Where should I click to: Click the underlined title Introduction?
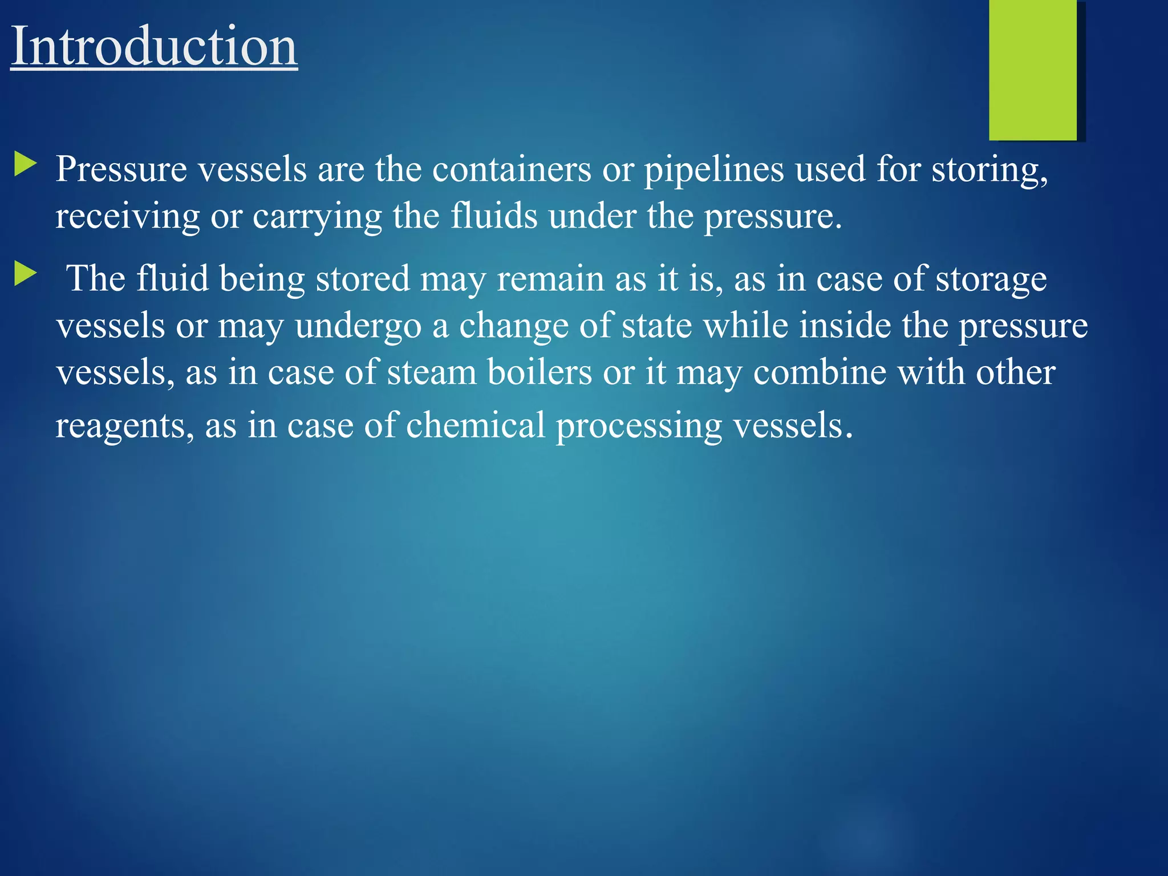point(154,47)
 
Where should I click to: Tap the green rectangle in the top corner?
point(1033,70)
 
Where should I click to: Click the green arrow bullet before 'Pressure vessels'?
point(25,164)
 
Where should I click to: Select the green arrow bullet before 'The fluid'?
point(25,274)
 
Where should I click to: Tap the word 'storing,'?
point(989,171)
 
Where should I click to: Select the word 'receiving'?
point(127,217)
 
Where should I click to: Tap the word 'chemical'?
point(476,425)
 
